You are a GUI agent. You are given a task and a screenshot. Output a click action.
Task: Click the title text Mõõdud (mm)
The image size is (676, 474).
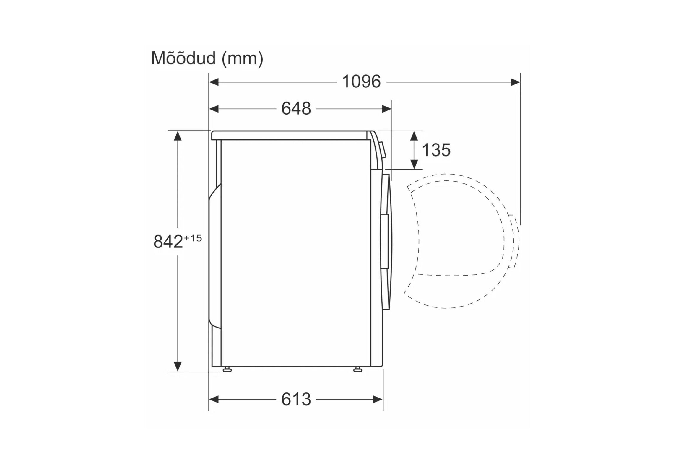[x=207, y=58]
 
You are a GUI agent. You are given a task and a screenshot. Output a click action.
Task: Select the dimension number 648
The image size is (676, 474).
[x=296, y=109]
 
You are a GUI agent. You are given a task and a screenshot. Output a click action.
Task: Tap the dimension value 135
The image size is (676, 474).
[x=436, y=150]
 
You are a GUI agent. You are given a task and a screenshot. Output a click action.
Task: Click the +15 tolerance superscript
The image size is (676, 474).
[x=193, y=238]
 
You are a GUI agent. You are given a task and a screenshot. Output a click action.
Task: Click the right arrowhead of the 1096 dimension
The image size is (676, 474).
[x=515, y=82]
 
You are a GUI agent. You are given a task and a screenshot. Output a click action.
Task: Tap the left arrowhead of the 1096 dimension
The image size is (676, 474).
[x=214, y=82]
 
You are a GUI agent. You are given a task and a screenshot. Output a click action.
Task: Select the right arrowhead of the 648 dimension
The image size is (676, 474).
[x=387, y=109]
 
